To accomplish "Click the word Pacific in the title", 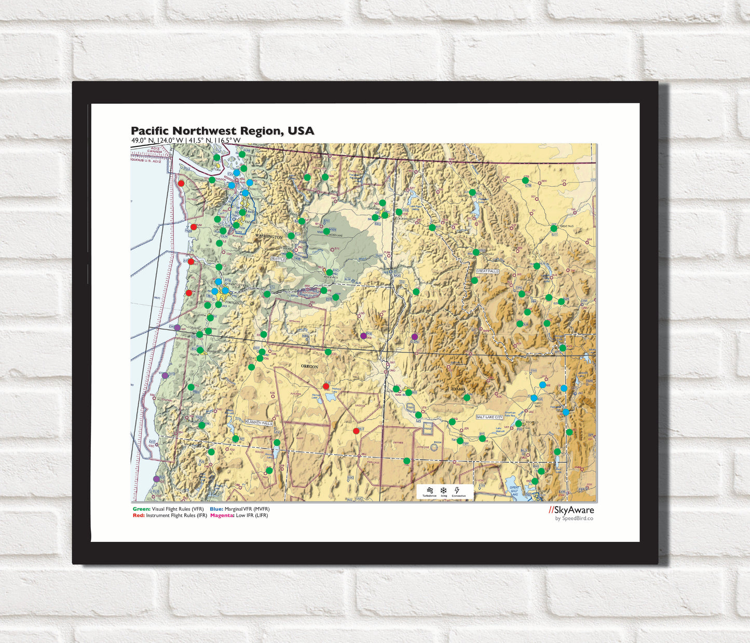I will pyautogui.click(x=150, y=131).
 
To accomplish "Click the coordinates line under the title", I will pyautogui.click(x=185, y=140).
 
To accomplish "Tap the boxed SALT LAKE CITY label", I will pyautogui.click(x=489, y=417).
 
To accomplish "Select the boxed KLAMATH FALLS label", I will pyautogui.click(x=259, y=422).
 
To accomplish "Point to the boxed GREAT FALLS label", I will pyautogui.click(x=487, y=271).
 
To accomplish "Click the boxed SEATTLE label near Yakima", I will pyautogui.click(x=278, y=258).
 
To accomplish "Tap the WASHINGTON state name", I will pyautogui.click(x=268, y=237).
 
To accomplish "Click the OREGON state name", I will pyautogui.click(x=309, y=366).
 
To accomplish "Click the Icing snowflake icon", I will pyautogui.click(x=444, y=490).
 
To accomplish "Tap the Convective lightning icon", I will pyautogui.click(x=457, y=490).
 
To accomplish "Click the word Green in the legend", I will pyautogui.click(x=141, y=509).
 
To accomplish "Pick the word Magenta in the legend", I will pyautogui.click(x=222, y=515).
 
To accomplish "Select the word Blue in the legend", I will pyautogui.click(x=216, y=509).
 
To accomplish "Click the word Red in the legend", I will pyautogui.click(x=138, y=515).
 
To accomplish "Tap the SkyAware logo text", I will pyautogui.click(x=572, y=510).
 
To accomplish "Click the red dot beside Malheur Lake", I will pyautogui.click(x=326, y=386).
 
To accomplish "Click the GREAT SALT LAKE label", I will pyautogui.click(x=514, y=490).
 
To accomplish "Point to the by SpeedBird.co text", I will pyautogui.click(x=574, y=518).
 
